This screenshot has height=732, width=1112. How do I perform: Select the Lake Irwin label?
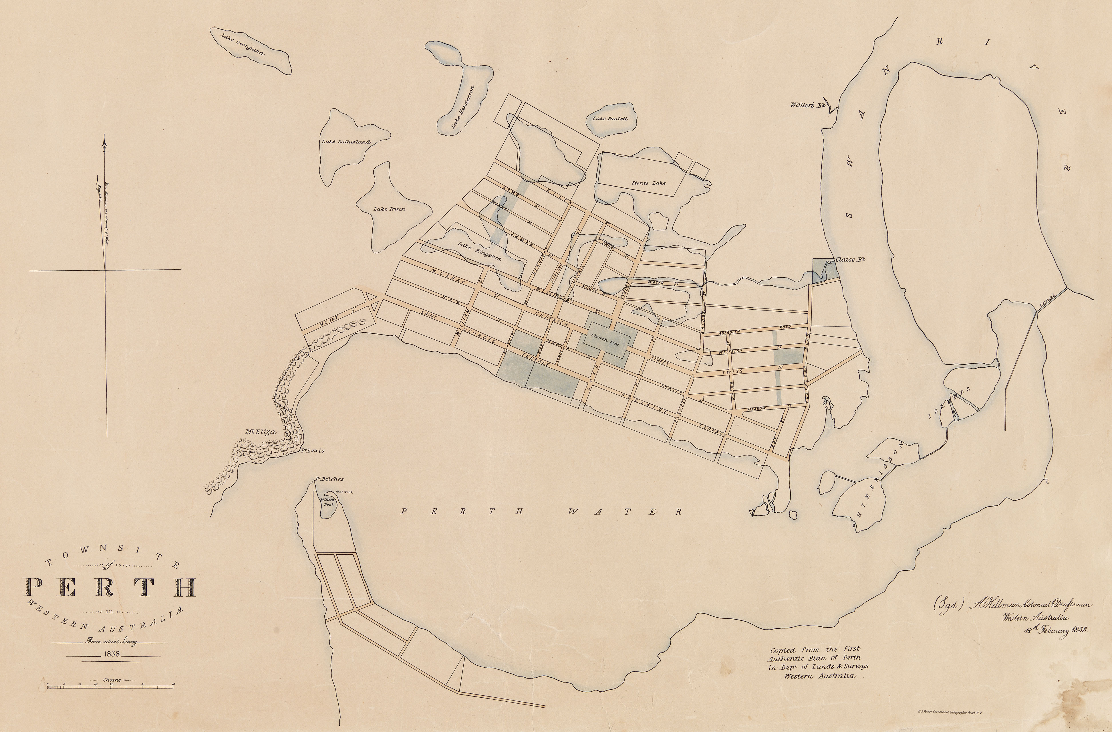click(389, 209)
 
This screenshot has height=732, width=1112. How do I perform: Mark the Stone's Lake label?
click(648, 183)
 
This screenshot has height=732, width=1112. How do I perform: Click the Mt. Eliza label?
click(260, 432)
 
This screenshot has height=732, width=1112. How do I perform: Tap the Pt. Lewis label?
click(312, 451)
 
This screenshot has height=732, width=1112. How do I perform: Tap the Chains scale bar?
click(110, 686)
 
